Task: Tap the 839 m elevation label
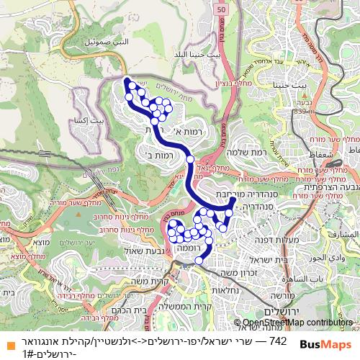pyautogui.click(x=301, y=112)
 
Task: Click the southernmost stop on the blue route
pyautogui.click(x=199, y=261)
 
